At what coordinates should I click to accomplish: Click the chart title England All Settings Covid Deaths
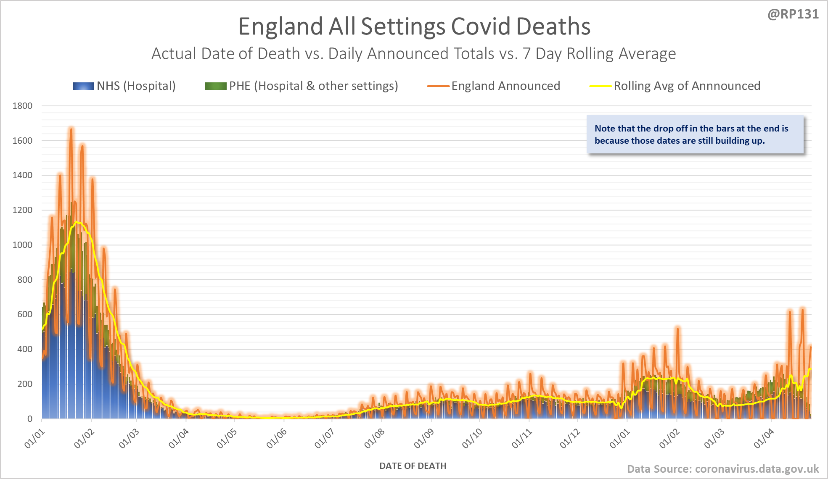tap(414, 26)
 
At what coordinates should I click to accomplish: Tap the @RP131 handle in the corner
tap(793, 14)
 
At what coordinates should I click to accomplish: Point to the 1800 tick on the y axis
tap(22, 106)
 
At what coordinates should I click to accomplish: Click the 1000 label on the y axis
tap(22, 245)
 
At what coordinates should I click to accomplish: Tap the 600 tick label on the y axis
tap(24, 314)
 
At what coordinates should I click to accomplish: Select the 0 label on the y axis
tap(30, 418)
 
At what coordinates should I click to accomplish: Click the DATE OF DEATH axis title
tap(413, 466)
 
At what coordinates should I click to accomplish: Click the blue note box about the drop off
tap(695, 134)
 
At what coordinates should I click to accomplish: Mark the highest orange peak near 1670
tap(71, 129)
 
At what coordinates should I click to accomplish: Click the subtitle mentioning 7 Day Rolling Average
tap(413, 54)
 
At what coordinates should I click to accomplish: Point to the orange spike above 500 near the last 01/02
tap(677, 328)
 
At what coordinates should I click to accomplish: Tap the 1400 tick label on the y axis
tap(22, 175)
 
